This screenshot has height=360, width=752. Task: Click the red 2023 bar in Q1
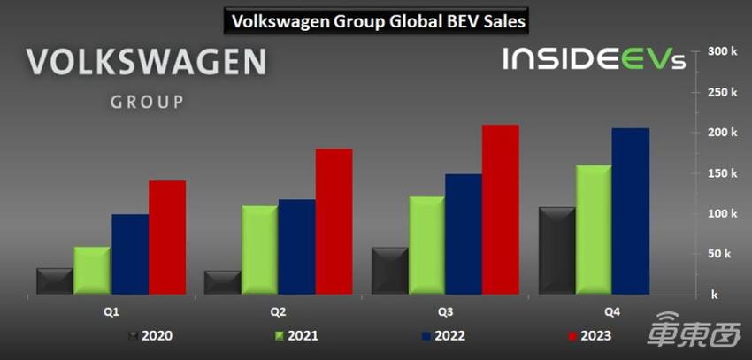click(x=167, y=237)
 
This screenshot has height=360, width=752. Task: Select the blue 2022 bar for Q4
click(x=630, y=211)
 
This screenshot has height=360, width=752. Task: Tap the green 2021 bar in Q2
click(x=259, y=249)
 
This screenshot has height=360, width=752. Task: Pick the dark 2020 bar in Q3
click(x=388, y=271)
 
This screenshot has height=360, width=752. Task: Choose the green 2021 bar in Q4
click(x=593, y=229)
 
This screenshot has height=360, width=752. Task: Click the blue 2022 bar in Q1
click(x=130, y=254)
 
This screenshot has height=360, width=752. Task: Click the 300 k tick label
click(x=722, y=51)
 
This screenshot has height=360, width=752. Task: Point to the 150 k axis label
click(x=722, y=173)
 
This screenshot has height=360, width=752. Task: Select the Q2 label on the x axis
click(x=278, y=311)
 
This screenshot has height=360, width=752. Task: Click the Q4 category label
click(x=611, y=311)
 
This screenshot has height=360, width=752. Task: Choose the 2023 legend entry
click(x=587, y=336)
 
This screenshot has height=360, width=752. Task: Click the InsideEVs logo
click(x=592, y=59)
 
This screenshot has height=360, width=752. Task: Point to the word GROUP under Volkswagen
click(x=147, y=101)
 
